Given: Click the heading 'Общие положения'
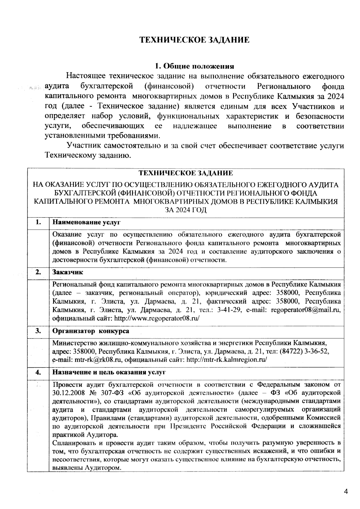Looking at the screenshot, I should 194,66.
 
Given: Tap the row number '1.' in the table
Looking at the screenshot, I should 38,223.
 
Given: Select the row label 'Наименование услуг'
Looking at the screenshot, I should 86,223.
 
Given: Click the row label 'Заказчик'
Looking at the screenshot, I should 68,272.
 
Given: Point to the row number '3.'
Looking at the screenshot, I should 38,331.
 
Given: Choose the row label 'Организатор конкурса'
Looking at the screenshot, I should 91,331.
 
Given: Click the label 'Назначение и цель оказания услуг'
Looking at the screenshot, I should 109,373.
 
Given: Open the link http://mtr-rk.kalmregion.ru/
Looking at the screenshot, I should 226,360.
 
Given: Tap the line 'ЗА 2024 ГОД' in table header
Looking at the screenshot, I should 186,210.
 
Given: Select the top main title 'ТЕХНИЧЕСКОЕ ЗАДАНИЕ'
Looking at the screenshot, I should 194,40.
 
